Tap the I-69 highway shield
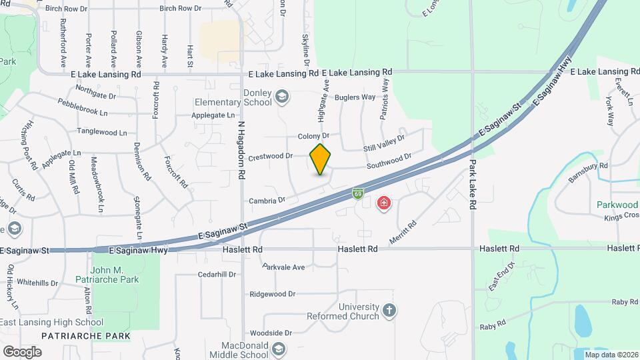pos(358,194)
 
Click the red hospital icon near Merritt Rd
pos(384,203)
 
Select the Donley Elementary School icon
pos(282,97)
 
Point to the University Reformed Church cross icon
pos(390,311)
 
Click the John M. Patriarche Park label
pos(115,275)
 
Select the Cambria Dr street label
pos(267,199)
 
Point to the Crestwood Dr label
pos(271,157)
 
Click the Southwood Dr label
pos(389,161)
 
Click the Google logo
pos(22,351)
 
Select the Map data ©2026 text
pos(611,354)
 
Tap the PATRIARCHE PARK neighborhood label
pos(86,336)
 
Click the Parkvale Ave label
pos(283,267)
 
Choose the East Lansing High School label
pos(52,323)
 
